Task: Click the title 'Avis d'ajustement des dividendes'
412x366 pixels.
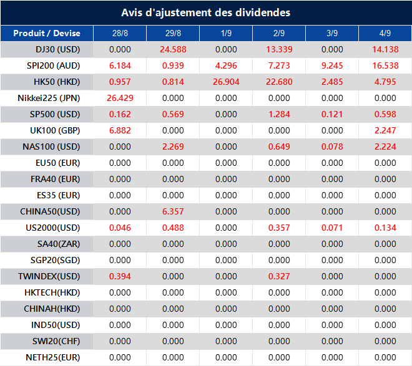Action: click(205, 12)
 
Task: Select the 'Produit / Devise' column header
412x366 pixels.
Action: click(46, 34)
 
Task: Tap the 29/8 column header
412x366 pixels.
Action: click(172, 34)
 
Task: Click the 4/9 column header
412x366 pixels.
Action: click(385, 34)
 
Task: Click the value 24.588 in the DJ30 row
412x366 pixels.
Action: click(172, 49)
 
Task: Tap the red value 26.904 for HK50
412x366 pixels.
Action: click(226, 82)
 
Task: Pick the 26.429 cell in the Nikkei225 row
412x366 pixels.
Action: click(119, 98)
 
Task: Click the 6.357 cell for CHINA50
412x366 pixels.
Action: click(172, 211)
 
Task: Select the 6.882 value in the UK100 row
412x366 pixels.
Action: click(119, 130)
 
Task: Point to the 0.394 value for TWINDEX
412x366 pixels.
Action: click(119, 276)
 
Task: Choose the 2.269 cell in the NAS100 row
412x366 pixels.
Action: click(172, 147)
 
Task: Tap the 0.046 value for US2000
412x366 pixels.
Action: click(119, 228)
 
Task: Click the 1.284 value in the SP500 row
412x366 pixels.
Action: click(279, 114)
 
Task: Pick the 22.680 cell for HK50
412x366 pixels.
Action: click(279, 82)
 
